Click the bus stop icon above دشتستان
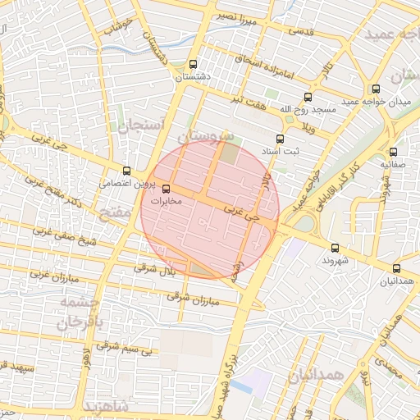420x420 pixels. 194,64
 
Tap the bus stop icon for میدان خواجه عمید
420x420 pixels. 376,89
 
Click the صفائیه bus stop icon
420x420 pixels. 394,151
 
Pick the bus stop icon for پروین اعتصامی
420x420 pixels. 126,171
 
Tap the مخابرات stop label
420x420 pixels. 166,199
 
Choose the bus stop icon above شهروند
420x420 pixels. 335,247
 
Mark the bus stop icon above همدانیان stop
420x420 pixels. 397,268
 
